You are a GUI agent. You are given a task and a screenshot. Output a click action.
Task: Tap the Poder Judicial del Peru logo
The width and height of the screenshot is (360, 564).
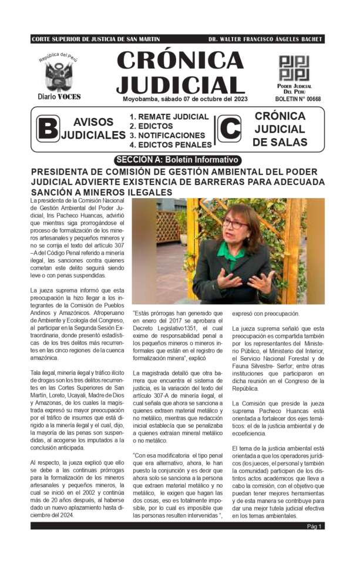[294, 69]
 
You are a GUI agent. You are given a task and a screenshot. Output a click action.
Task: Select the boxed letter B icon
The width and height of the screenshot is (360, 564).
[48, 129]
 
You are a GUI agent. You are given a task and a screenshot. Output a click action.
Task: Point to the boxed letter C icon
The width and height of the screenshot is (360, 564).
[229, 129]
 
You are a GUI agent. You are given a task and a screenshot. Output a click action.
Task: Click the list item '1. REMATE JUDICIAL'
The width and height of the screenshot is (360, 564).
[169, 117]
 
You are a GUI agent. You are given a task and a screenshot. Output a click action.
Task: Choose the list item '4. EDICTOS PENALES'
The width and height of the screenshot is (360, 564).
[170, 145]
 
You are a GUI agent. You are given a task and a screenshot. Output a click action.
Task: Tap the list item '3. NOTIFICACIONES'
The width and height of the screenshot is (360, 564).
[167, 135]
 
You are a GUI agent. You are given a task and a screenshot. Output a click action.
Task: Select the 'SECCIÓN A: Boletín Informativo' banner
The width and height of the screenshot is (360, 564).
[178, 160]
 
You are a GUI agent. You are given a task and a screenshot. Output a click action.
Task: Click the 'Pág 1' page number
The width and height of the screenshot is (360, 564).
[314, 526]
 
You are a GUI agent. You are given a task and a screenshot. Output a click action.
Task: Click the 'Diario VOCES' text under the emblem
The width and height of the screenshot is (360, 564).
[59, 96]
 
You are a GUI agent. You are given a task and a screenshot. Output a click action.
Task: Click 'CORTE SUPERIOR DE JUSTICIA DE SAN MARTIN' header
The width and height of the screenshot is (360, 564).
[96, 39]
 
